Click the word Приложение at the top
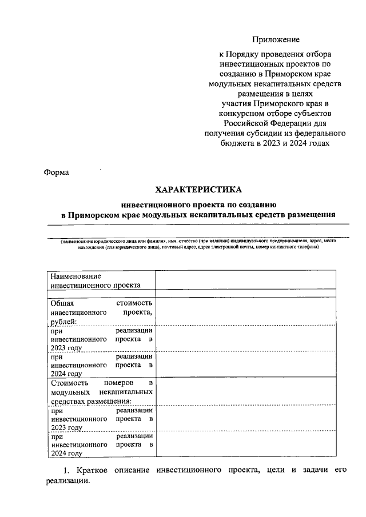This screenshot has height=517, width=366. pyautogui.click(x=276, y=39)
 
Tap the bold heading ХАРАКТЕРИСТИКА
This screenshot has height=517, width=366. pyautogui.click(x=199, y=189)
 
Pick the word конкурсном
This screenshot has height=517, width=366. pyautogui.click(x=239, y=113)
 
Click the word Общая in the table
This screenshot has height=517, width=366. pyautogui.click(x=62, y=303)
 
